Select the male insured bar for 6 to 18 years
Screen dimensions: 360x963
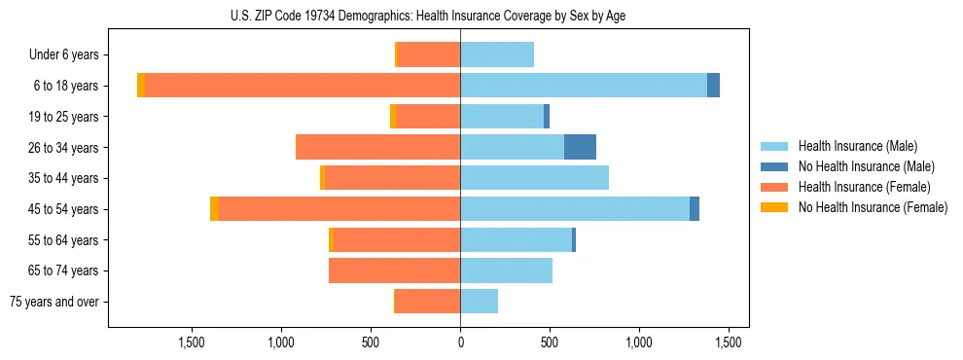[584, 86]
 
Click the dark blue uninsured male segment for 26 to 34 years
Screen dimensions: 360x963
[580, 147]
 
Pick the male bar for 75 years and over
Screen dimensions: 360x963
[479, 302]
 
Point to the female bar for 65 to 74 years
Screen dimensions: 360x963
[394, 270]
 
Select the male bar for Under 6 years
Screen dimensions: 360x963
[497, 54]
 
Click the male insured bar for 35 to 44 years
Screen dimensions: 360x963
[534, 178]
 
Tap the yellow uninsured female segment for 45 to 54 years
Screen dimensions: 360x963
[214, 209]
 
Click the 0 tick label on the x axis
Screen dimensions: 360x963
[460, 342]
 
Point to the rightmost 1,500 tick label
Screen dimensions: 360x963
[730, 342]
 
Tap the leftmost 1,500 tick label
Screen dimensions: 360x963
[191, 342]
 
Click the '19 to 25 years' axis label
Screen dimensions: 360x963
[64, 117]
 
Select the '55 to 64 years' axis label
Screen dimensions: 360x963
[64, 240]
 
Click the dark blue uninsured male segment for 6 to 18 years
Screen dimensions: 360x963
[713, 86]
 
